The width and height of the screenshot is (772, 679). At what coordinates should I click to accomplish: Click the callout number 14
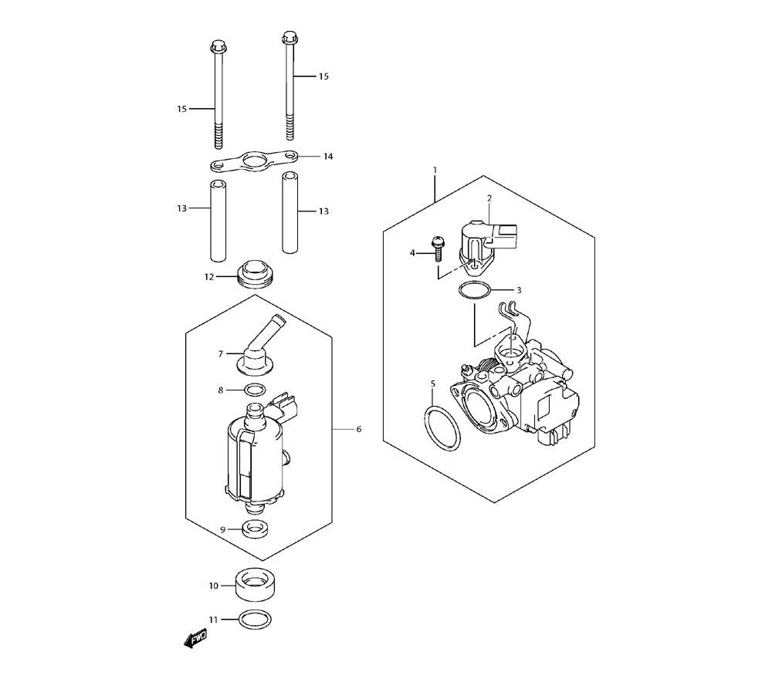[328, 157]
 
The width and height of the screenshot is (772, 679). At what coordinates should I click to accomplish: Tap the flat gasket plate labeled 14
[255, 161]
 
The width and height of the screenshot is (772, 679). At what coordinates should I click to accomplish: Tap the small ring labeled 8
[254, 390]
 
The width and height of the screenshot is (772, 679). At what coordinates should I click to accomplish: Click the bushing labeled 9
[254, 529]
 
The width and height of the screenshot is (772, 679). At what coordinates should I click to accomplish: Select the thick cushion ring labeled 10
[255, 585]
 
